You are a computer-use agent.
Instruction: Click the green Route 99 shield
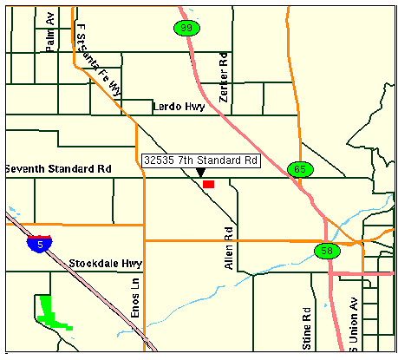(184, 28)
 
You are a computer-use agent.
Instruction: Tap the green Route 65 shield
(299, 169)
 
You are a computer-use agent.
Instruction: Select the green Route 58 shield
(326, 251)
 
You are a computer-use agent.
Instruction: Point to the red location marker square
(208, 183)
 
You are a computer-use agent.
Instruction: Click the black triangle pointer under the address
(200, 173)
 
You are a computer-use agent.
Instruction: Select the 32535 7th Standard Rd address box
(201, 160)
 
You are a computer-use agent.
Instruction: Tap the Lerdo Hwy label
(179, 107)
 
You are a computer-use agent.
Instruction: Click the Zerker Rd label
(223, 76)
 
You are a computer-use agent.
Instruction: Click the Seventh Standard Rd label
(57, 168)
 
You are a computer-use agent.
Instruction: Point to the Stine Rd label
(306, 328)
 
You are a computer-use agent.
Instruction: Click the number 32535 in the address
(160, 160)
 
